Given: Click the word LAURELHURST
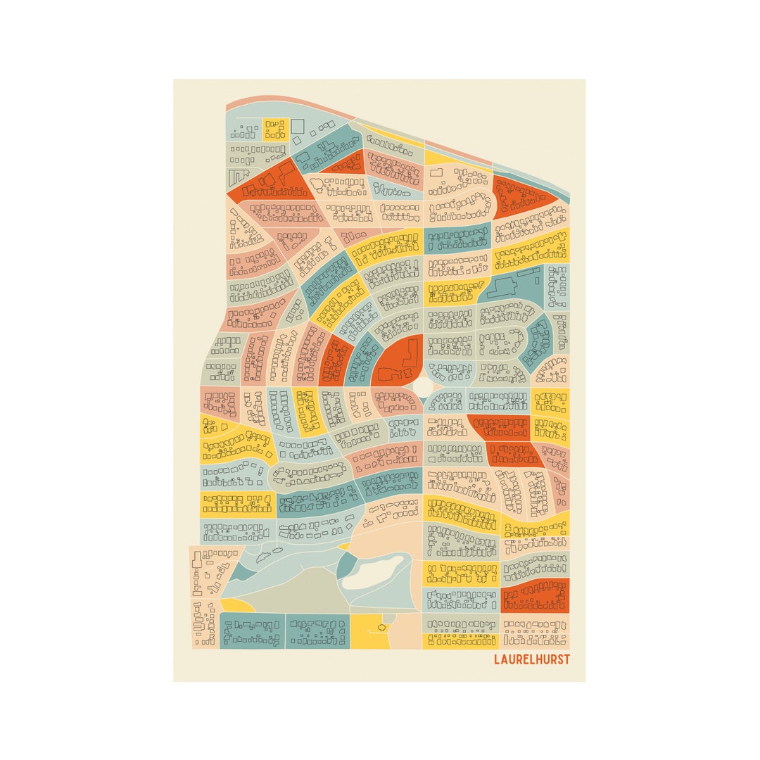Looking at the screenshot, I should [532, 660].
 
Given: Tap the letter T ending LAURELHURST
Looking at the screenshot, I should [566, 660].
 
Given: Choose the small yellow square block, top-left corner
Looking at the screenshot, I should [276, 129].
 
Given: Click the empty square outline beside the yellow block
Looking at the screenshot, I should [298, 126].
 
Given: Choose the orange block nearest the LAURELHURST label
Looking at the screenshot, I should [535, 597].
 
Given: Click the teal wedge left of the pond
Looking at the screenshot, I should [345, 566].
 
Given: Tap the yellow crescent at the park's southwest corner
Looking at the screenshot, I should [238, 605].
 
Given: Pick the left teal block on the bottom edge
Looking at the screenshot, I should [252, 631].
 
